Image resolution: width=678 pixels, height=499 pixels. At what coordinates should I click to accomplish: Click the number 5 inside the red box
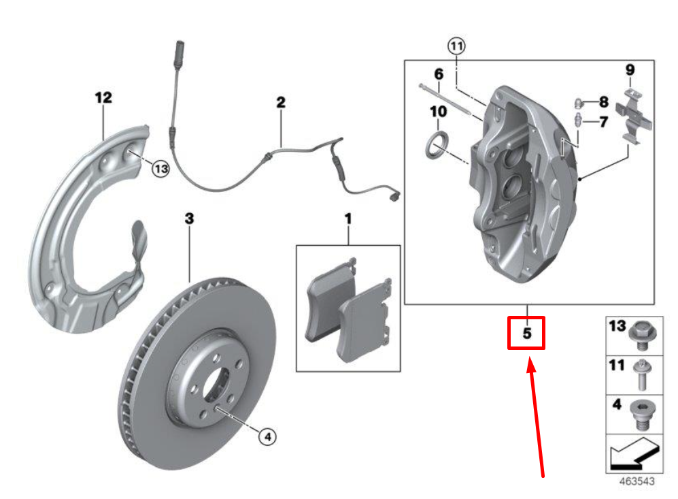526,334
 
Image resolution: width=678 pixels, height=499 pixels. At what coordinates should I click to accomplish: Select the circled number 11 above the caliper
456,46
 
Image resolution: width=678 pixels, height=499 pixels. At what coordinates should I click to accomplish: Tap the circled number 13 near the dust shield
160,170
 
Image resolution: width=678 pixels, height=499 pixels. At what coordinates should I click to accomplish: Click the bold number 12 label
103,98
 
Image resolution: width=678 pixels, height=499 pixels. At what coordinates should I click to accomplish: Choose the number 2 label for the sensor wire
280,103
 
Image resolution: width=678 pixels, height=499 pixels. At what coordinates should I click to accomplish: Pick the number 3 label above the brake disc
190,219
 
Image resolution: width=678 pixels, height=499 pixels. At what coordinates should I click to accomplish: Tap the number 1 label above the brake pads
348,219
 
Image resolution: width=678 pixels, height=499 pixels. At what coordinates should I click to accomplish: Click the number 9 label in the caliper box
630,69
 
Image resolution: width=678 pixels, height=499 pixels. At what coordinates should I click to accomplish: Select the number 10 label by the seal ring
438,110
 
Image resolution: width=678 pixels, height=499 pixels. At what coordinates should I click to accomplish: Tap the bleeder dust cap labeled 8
579,103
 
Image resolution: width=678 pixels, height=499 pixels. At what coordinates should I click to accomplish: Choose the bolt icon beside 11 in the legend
639,374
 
